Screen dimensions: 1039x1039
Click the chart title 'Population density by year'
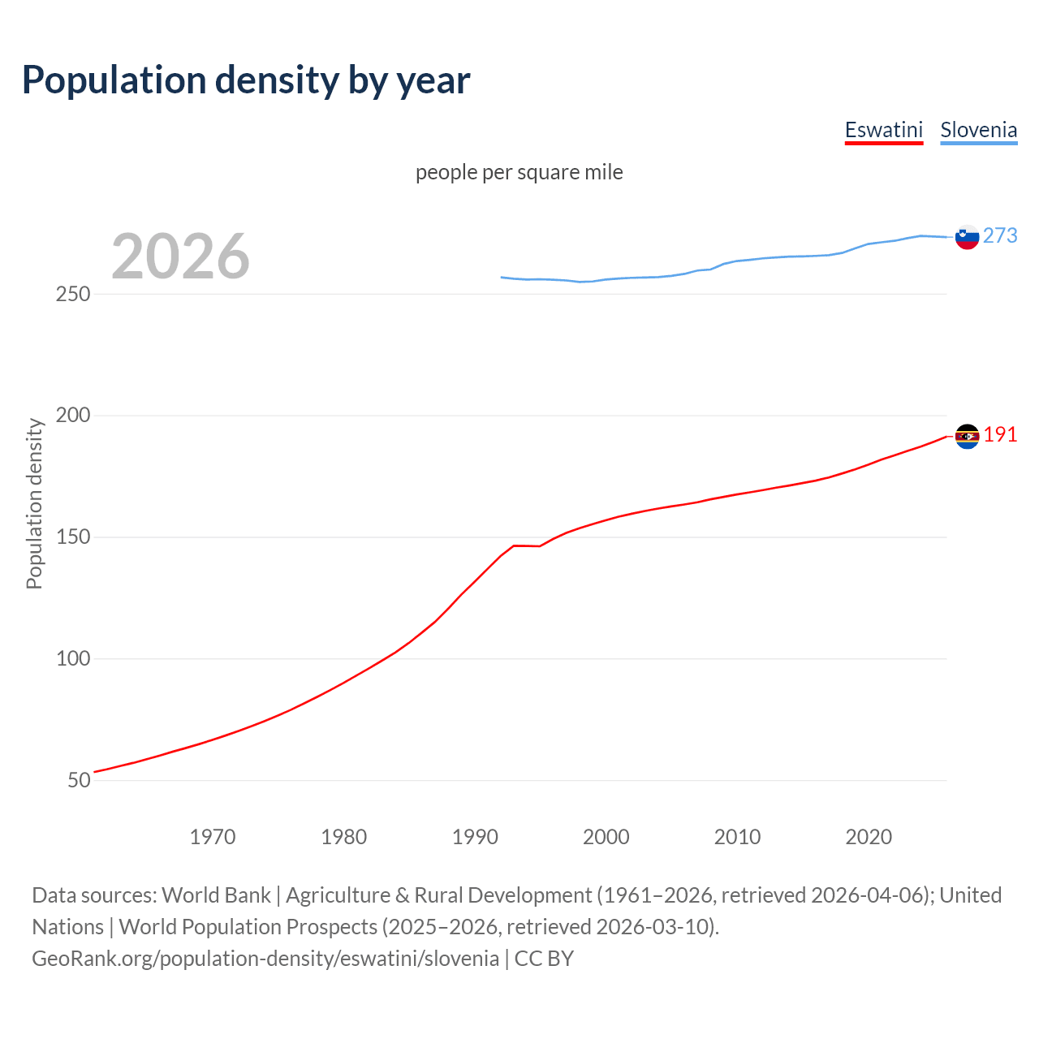tap(246, 80)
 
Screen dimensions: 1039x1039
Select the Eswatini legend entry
tap(884, 130)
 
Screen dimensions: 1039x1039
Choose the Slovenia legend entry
tap(978, 130)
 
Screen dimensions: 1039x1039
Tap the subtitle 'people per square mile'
tap(519, 172)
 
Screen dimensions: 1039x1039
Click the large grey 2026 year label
tap(180, 257)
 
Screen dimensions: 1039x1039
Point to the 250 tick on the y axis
tap(72, 294)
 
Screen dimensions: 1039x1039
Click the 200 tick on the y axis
tap(72, 416)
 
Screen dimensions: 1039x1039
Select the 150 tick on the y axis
tap(72, 537)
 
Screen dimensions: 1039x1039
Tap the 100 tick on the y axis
tap(72, 658)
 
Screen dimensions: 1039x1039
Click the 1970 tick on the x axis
tap(213, 837)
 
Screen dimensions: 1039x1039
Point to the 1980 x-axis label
tap(343, 837)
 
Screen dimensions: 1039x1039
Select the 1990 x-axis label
tap(475, 837)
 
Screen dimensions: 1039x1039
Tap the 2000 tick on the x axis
tap(606, 837)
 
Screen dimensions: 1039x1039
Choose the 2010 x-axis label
tap(737, 837)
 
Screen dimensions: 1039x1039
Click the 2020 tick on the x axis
tap(869, 837)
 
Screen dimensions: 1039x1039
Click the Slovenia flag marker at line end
tap(967, 237)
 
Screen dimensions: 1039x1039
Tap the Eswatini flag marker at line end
tap(967, 437)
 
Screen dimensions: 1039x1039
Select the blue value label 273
tap(1000, 235)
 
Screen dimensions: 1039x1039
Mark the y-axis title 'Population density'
tap(34, 503)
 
